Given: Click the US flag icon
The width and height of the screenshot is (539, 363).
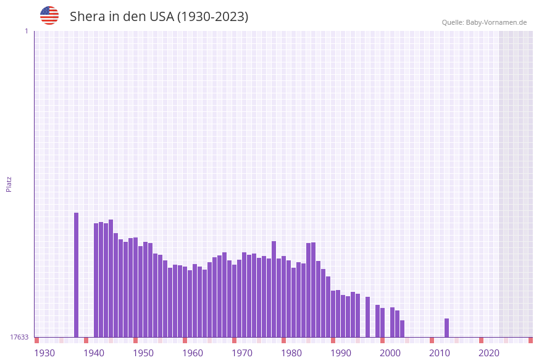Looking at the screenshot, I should (49, 15).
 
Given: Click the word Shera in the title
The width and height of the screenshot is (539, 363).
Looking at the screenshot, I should (87, 17).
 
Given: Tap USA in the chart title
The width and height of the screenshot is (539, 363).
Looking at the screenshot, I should (162, 17).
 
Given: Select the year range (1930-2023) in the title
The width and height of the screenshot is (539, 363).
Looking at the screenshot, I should (213, 17).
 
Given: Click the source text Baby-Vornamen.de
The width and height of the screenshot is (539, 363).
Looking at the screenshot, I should (496, 22).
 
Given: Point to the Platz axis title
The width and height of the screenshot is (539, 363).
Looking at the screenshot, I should (9, 184).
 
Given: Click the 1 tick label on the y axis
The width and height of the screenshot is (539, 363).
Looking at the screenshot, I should (26, 31).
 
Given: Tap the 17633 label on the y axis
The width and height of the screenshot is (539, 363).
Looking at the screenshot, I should (19, 337).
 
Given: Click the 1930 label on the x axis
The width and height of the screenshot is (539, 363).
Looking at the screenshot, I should (44, 353).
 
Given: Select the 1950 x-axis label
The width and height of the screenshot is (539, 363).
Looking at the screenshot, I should (143, 353).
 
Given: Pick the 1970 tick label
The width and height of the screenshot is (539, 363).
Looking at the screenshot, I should (242, 353).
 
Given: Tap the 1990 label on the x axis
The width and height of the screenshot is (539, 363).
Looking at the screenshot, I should (341, 353).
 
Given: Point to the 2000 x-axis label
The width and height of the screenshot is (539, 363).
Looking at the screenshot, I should (390, 353).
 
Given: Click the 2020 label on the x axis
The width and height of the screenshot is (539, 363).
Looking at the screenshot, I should (489, 353).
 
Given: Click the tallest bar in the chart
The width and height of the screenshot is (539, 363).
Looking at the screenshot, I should (77, 275).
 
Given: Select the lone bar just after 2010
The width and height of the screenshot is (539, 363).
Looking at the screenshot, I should (447, 328).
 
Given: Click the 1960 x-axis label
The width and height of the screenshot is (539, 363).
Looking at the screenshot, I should (193, 353).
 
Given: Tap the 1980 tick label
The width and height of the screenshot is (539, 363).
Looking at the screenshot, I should (291, 353).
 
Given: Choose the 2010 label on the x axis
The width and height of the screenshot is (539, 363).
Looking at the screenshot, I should (440, 353).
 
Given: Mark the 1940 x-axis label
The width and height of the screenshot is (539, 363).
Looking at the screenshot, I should (94, 353).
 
